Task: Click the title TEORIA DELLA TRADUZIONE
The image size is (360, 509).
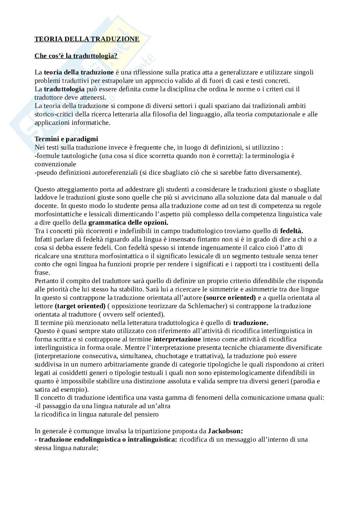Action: [87, 39]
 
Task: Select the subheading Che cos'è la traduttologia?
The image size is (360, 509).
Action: [76, 56]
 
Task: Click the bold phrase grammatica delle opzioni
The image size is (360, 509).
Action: [128, 222]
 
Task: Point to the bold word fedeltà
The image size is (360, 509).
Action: [291, 231]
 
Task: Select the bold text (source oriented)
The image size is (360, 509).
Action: [230, 298]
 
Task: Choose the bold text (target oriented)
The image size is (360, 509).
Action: [80, 306]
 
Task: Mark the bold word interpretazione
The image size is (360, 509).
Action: [177, 339]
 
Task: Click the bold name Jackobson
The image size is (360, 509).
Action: [225, 431]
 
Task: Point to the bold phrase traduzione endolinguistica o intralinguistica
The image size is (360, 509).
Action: [108, 439]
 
